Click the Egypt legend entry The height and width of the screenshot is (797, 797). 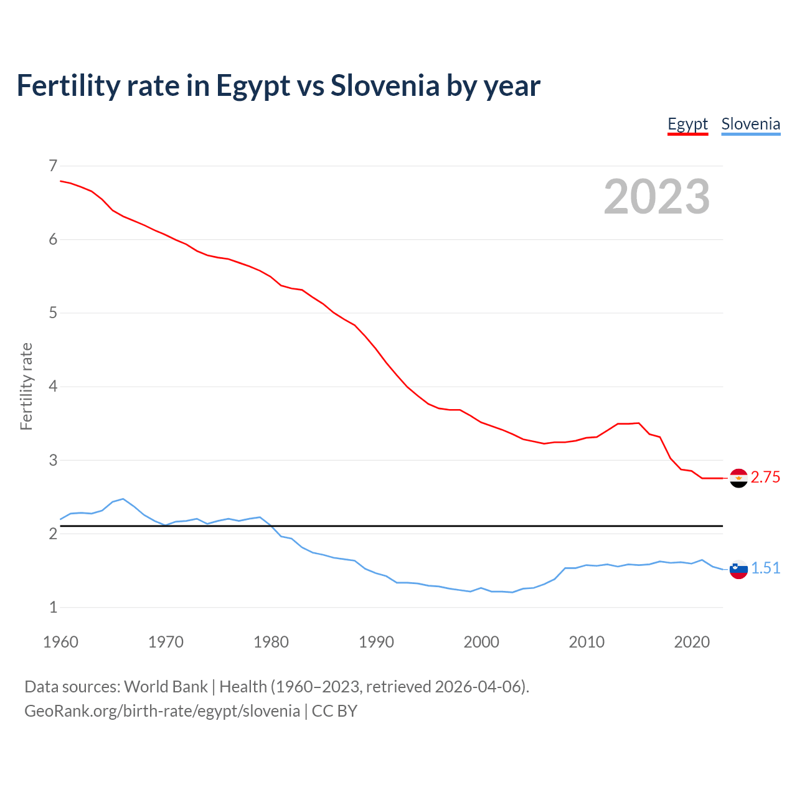click(687, 124)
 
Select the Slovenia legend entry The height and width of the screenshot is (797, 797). click(750, 124)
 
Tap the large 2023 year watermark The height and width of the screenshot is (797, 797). click(657, 197)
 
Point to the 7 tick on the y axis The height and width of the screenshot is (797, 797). click(53, 166)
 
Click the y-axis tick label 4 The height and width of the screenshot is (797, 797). click(53, 387)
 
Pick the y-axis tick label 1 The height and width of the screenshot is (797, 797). click(53, 607)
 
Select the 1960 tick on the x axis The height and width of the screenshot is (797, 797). click(60, 642)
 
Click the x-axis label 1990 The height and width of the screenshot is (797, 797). click(376, 642)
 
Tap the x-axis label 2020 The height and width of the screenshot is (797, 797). click(692, 642)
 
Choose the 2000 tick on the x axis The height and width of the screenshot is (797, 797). click(481, 642)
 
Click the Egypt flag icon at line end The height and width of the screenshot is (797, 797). click(738, 478)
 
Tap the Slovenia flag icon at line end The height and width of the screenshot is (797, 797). click(738, 569)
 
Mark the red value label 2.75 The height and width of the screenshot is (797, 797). click(765, 478)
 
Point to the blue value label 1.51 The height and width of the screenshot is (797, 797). click(765, 568)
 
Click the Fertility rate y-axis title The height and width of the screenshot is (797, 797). click(26, 386)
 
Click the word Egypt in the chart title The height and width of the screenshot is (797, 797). click(253, 86)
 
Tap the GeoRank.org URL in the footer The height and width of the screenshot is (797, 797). click(162, 711)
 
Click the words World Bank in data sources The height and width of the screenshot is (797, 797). click(166, 687)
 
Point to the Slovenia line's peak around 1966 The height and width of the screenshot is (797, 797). click(123, 499)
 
